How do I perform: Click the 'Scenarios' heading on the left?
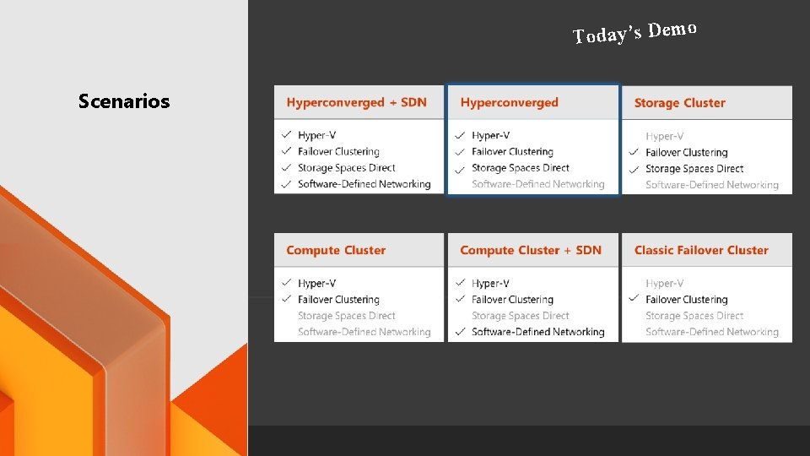click(124, 101)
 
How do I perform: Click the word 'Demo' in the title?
click(672, 30)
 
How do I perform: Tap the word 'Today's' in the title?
click(607, 35)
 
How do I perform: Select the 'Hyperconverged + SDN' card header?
click(356, 102)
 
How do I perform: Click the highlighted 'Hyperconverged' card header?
click(509, 102)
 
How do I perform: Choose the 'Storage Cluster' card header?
click(679, 103)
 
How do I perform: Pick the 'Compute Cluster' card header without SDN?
click(336, 250)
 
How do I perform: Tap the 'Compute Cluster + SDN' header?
click(531, 250)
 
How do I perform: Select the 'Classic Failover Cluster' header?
click(701, 250)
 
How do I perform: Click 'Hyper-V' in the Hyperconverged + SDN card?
click(317, 135)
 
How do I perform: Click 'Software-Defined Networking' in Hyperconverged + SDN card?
click(364, 184)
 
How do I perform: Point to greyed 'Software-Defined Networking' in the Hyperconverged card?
click(537, 184)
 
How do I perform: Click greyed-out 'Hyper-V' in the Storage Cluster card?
click(664, 136)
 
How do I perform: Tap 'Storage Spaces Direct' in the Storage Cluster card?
click(694, 168)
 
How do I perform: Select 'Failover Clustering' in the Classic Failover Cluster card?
click(686, 299)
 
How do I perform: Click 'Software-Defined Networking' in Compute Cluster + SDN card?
click(537, 332)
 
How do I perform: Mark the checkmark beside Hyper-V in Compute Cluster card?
click(287, 283)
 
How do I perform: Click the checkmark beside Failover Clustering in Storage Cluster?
click(634, 152)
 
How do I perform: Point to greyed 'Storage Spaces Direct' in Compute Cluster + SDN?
click(520, 316)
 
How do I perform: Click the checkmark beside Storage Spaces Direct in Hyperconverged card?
click(460, 169)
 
